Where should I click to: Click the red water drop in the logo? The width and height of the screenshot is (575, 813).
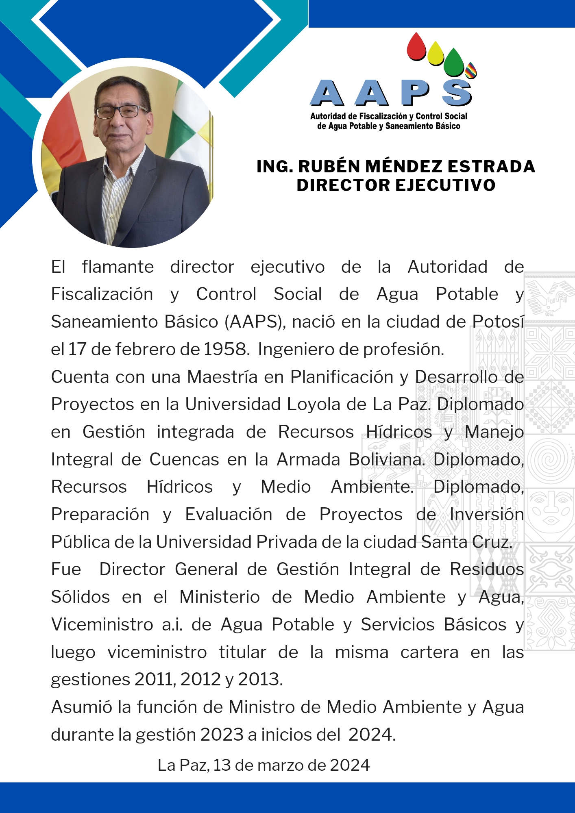(416, 48)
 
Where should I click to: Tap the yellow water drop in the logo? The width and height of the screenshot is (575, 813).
(436, 54)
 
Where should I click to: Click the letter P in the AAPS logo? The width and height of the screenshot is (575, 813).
(415, 93)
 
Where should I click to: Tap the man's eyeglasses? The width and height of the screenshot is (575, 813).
(121, 111)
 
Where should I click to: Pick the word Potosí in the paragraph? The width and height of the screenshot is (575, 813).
(498, 322)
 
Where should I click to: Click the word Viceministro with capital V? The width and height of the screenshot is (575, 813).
(102, 624)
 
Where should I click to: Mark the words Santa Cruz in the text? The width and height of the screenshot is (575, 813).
(466, 542)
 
